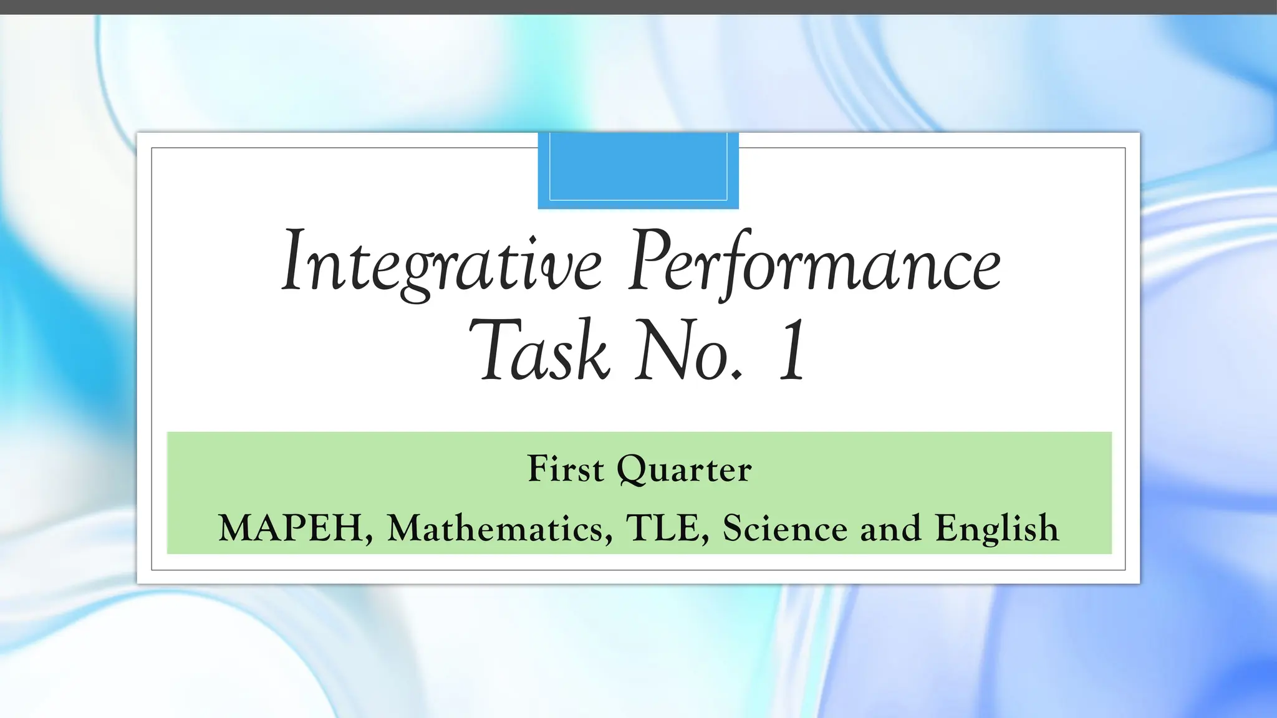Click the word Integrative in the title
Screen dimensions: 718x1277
(x=441, y=262)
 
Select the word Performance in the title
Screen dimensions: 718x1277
(x=814, y=262)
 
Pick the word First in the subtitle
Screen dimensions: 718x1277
(x=566, y=469)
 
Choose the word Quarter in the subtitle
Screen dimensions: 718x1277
(x=684, y=470)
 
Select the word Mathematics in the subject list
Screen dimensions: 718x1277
(x=496, y=529)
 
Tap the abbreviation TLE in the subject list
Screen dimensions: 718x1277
(x=663, y=529)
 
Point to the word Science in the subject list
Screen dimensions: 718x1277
(x=785, y=529)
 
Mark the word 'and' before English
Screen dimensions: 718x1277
(x=890, y=529)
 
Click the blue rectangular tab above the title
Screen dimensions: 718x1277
(x=638, y=170)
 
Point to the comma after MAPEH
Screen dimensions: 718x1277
(x=370, y=539)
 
